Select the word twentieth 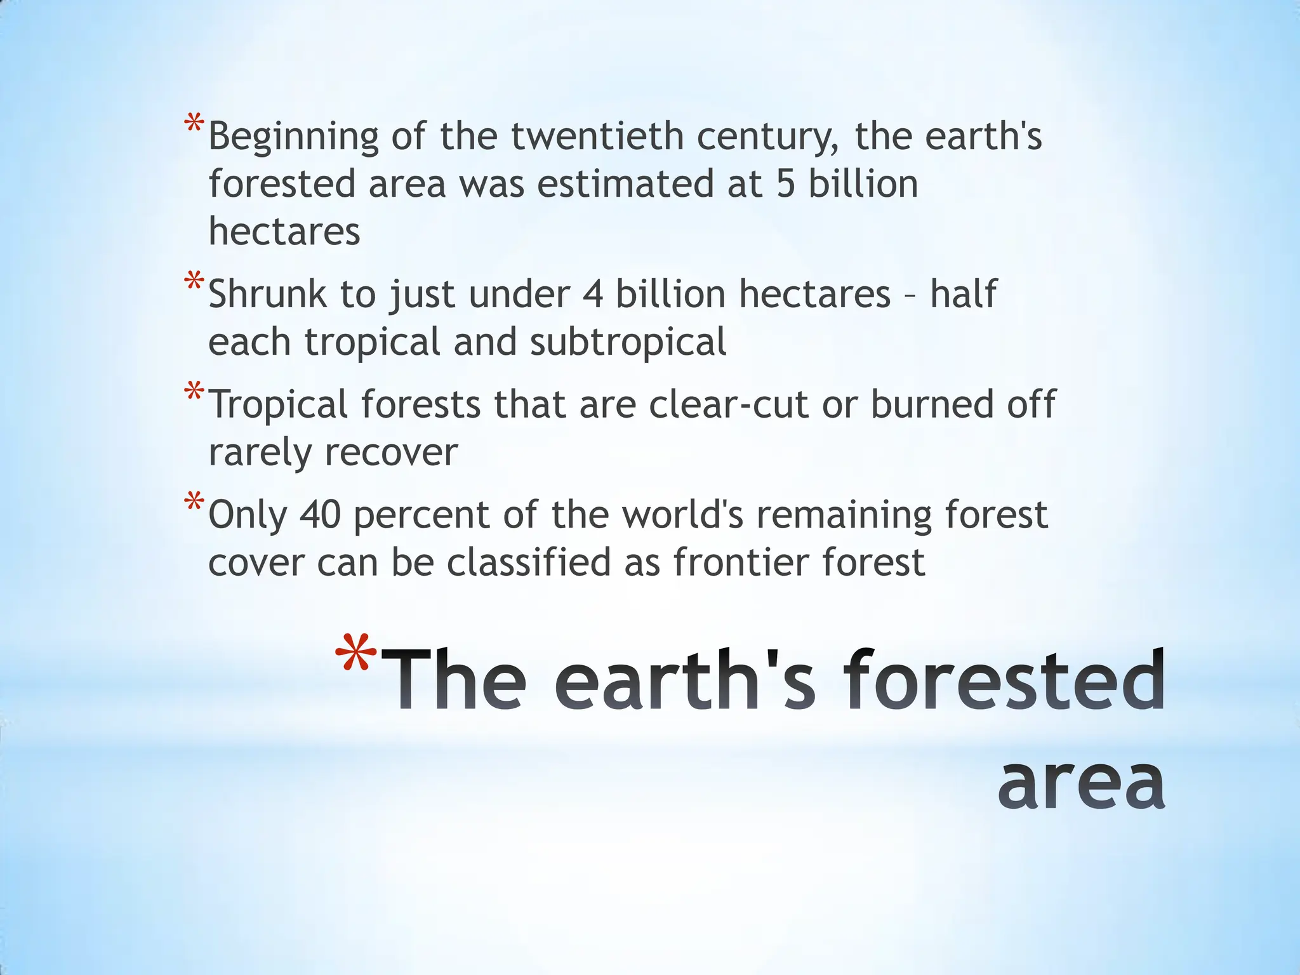[597, 136]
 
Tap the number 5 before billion [786, 184]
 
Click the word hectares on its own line [284, 231]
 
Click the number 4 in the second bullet [592, 295]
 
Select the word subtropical [628, 342]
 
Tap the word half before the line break [964, 295]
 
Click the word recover [391, 452]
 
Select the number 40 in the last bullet [320, 515]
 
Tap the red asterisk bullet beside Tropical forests [194, 392]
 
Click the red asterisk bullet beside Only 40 [194, 502]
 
